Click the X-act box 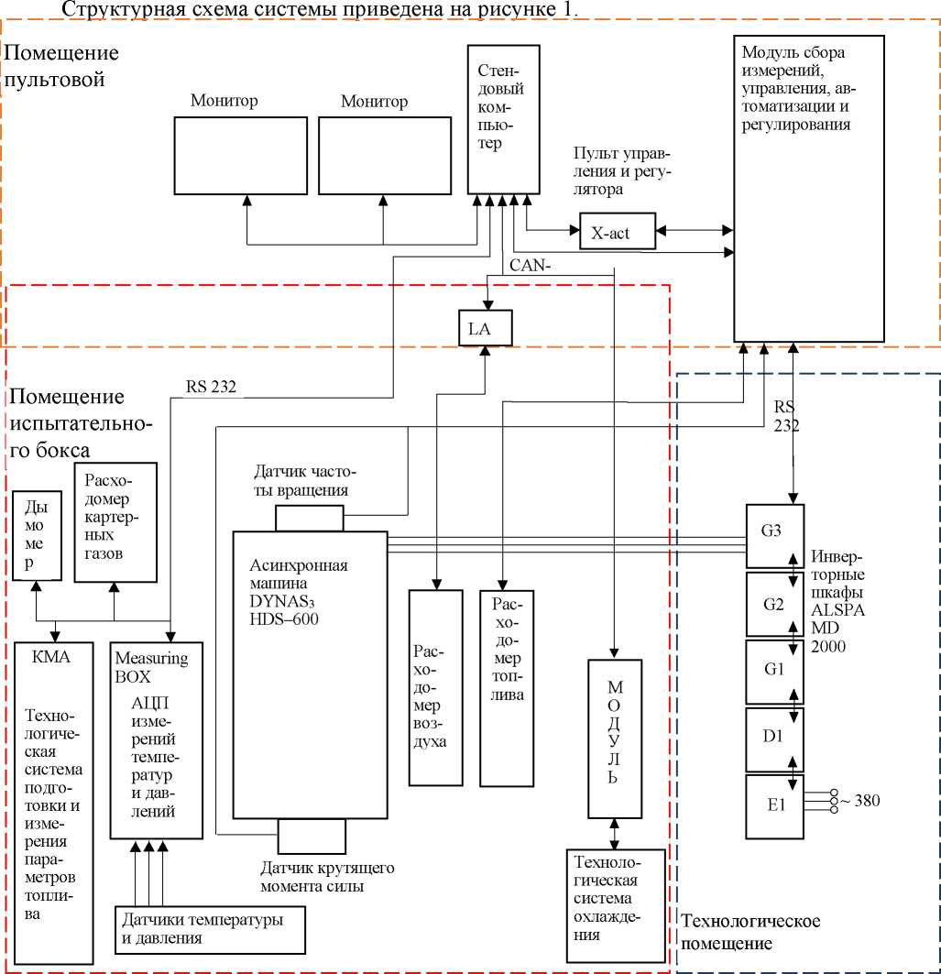tap(618, 232)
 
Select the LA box tap(486, 328)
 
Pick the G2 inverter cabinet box tap(775, 604)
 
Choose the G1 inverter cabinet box tap(775, 671)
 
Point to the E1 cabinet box tap(775, 805)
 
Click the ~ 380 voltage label tap(859, 801)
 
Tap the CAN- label tap(531, 267)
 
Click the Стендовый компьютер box tap(500, 119)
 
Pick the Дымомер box tap(37, 535)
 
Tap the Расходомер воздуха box tap(435, 687)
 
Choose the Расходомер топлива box tap(506, 687)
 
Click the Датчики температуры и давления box tap(210, 927)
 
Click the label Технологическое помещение tap(750, 931)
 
